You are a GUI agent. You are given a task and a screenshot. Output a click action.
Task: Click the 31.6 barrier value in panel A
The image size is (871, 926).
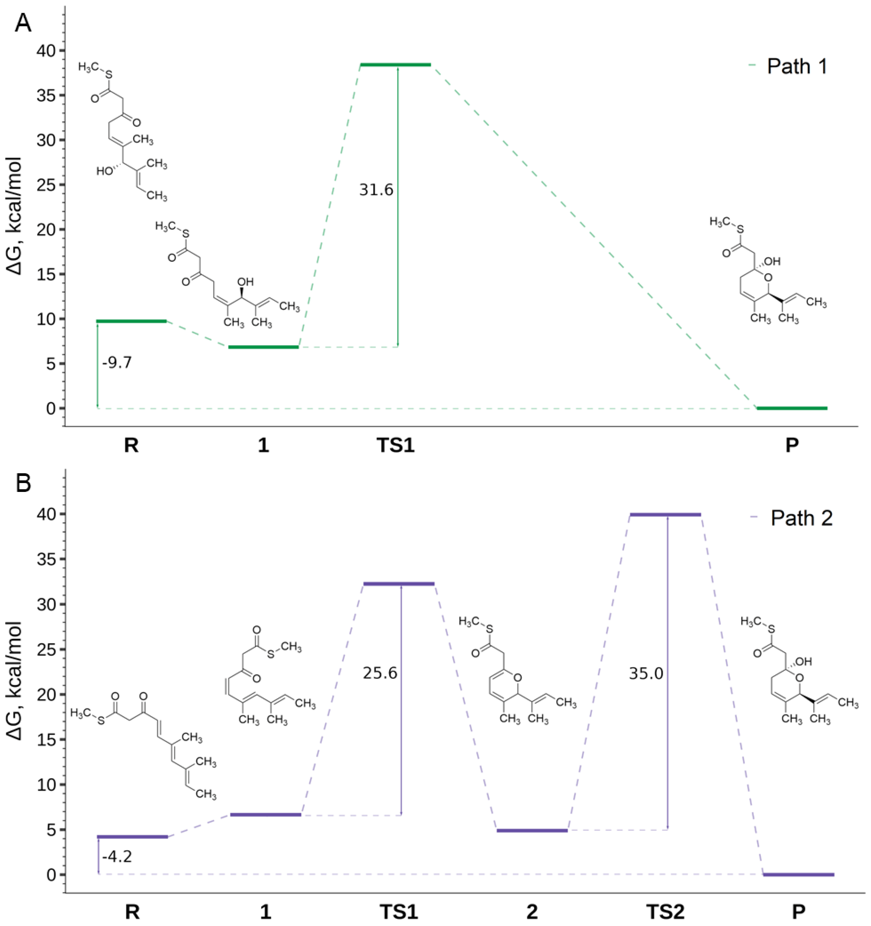point(376,190)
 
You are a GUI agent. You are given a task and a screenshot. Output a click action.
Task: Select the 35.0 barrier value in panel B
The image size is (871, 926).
point(646,674)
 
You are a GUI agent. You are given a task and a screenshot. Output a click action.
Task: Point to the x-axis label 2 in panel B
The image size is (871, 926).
point(532,911)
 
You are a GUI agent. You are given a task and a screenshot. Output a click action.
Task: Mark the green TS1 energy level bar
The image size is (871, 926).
point(396,65)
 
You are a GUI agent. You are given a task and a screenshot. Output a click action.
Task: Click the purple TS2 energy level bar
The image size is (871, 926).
point(665,515)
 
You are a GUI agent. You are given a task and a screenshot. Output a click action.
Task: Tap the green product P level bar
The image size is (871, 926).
point(792,408)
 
